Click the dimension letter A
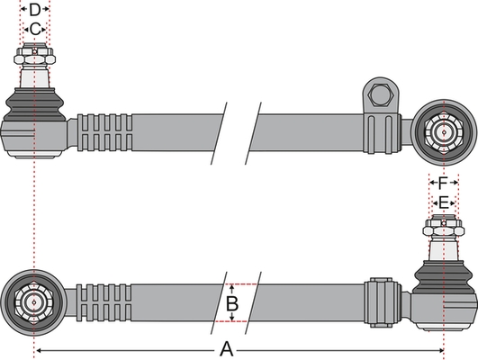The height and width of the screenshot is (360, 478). click(x=226, y=349)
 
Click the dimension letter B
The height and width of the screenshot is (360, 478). click(x=232, y=303)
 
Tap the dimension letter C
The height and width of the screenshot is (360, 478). click(x=35, y=30)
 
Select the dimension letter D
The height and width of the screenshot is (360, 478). click(x=35, y=10)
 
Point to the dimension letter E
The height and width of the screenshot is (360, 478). click(x=443, y=202)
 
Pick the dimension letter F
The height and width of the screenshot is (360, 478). click(x=443, y=183)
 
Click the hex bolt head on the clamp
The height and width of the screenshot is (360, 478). click(x=380, y=95)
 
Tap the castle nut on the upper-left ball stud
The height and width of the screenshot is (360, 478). click(x=34, y=54)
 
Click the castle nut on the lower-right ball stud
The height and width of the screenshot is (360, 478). click(x=444, y=226)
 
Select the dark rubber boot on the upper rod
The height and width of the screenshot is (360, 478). click(x=34, y=104)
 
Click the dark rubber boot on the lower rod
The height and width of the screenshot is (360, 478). click(x=444, y=276)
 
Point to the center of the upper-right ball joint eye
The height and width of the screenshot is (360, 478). click(x=444, y=132)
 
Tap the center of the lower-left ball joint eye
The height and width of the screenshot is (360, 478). click(x=34, y=302)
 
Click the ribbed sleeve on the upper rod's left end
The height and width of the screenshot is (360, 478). click(x=104, y=132)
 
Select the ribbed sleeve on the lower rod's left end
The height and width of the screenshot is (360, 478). click(x=104, y=302)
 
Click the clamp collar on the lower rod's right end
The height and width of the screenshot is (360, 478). click(x=383, y=302)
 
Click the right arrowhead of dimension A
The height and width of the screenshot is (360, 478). click(x=441, y=351)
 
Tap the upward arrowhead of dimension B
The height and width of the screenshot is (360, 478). click(x=232, y=288)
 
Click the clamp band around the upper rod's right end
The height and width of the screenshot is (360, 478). click(x=382, y=133)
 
